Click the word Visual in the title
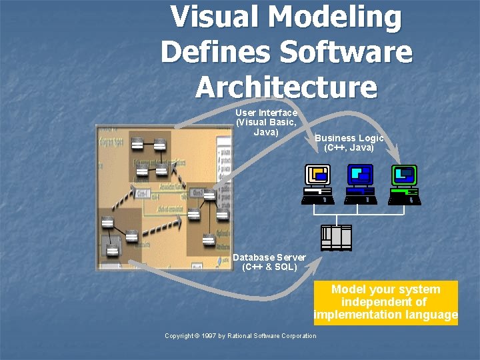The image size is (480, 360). pyautogui.click(x=212, y=17)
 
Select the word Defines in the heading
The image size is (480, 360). pyautogui.click(x=213, y=52)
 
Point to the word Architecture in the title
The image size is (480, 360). pyautogui.click(x=287, y=87)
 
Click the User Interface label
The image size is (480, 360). pyautogui.click(x=266, y=113)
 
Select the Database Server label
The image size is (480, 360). pyautogui.click(x=269, y=257)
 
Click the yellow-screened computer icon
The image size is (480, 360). pyautogui.click(x=317, y=184)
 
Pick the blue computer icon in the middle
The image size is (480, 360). pyautogui.click(x=360, y=184)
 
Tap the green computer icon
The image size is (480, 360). pyautogui.click(x=404, y=184)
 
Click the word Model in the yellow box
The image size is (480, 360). pyautogui.click(x=349, y=289)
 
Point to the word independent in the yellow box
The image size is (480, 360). pyautogui.click(x=376, y=302)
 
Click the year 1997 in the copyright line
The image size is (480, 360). pyautogui.click(x=209, y=336)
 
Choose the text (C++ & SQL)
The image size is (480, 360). pyautogui.click(x=269, y=267)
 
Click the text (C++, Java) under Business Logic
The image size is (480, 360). pyautogui.click(x=349, y=147)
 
